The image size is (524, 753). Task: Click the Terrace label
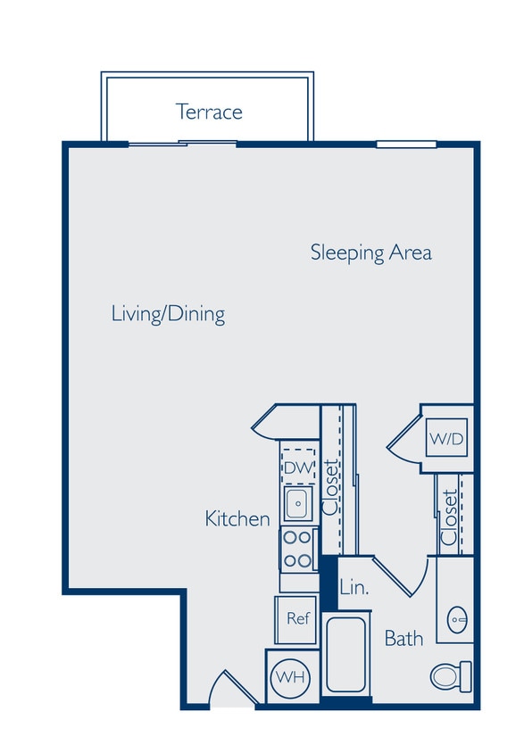click(x=209, y=112)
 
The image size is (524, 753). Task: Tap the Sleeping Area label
click(x=370, y=252)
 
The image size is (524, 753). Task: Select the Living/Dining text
click(x=168, y=314)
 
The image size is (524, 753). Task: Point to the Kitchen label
click(x=237, y=518)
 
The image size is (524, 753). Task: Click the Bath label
click(x=403, y=639)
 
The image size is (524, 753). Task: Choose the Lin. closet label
click(x=354, y=589)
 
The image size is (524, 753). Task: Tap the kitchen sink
click(x=297, y=504)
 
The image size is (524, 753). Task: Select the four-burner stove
click(x=299, y=549)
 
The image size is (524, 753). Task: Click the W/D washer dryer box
click(x=446, y=439)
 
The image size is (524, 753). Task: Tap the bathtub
click(x=345, y=654)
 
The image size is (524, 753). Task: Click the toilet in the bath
click(x=450, y=675)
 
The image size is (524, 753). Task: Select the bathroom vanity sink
click(x=457, y=616)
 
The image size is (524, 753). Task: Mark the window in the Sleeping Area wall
click(x=406, y=144)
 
